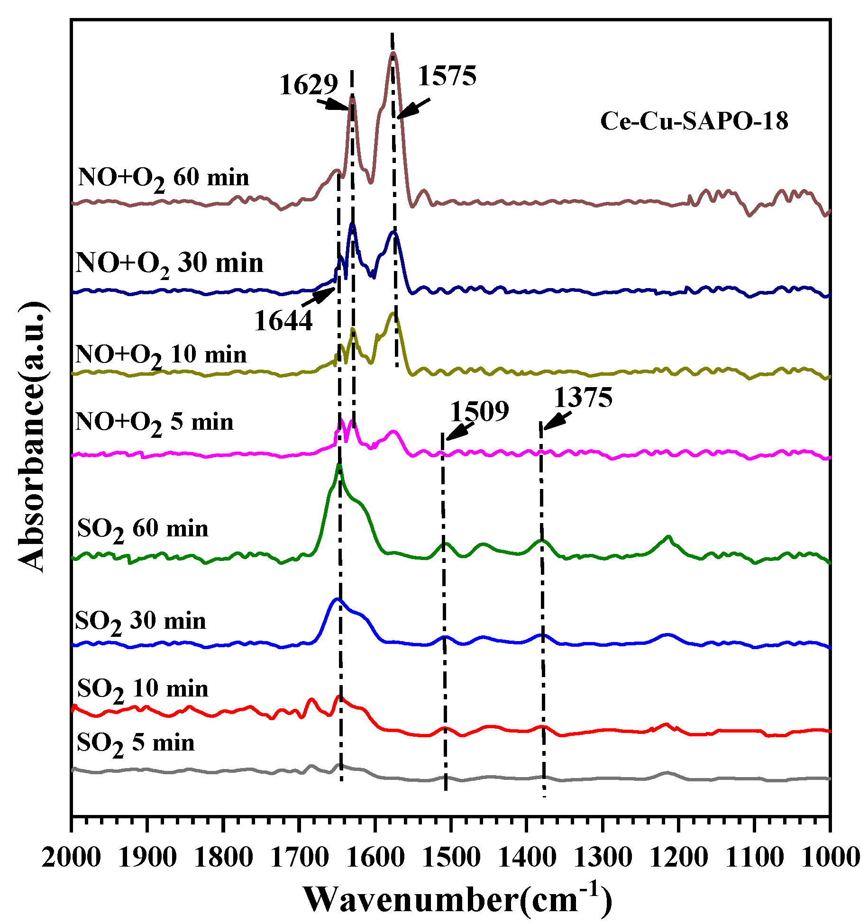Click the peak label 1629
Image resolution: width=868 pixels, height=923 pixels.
pos(308,85)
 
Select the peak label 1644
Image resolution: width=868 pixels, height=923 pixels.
pos(283,321)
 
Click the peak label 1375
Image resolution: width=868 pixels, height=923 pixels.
pos(583,397)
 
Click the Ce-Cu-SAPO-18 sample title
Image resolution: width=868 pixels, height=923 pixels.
pos(694,121)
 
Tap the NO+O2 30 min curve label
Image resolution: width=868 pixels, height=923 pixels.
pos(169,263)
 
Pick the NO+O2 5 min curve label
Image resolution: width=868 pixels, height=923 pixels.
pos(155,422)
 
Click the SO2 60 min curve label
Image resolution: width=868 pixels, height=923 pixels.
pos(143,529)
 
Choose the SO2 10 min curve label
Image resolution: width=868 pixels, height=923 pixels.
pos(143,689)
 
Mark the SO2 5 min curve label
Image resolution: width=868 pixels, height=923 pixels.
pos(136,743)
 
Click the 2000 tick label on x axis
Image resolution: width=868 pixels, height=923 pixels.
pos(71,858)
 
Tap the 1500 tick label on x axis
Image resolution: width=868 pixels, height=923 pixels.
pos(451,858)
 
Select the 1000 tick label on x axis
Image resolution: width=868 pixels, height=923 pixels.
pos(830,858)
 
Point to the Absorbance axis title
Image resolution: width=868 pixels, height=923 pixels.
pos(32,436)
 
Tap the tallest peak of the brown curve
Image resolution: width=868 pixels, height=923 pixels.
pos(393,54)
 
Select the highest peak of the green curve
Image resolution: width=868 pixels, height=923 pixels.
pos(339,465)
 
